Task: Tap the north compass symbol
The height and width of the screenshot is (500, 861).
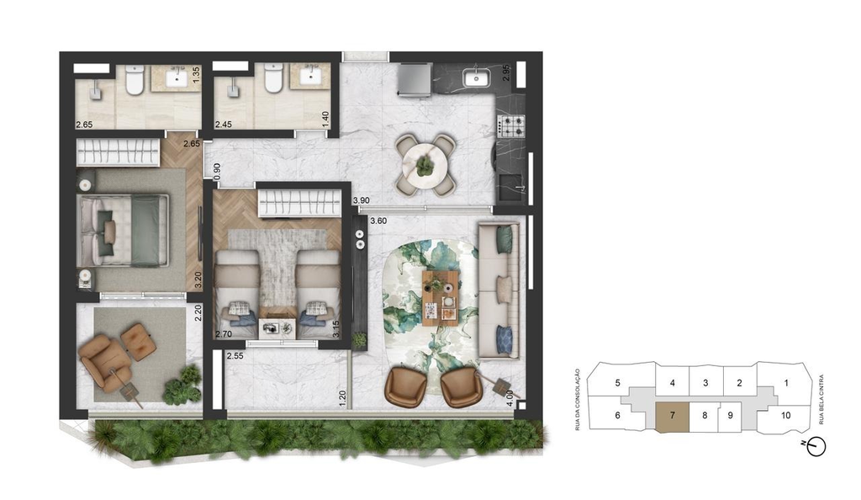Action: (816, 446)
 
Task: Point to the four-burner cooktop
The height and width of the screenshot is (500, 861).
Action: (510, 126)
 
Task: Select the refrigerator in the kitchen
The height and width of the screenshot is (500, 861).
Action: (415, 81)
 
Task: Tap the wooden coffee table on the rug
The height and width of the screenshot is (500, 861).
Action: (441, 295)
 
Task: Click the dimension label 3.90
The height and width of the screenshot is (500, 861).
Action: (361, 200)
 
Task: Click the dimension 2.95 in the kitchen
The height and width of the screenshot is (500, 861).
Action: (506, 73)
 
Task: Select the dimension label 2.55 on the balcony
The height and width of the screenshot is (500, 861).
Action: (235, 355)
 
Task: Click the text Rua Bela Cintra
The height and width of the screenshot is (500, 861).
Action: (821, 400)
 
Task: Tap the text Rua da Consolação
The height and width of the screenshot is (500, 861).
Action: (578, 399)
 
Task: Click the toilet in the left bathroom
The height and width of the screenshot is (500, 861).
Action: (135, 79)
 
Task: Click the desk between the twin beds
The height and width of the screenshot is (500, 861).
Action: (277, 328)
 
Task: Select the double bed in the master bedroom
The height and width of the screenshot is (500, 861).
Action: (124, 229)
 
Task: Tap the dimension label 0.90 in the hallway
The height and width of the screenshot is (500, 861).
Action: (217, 172)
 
